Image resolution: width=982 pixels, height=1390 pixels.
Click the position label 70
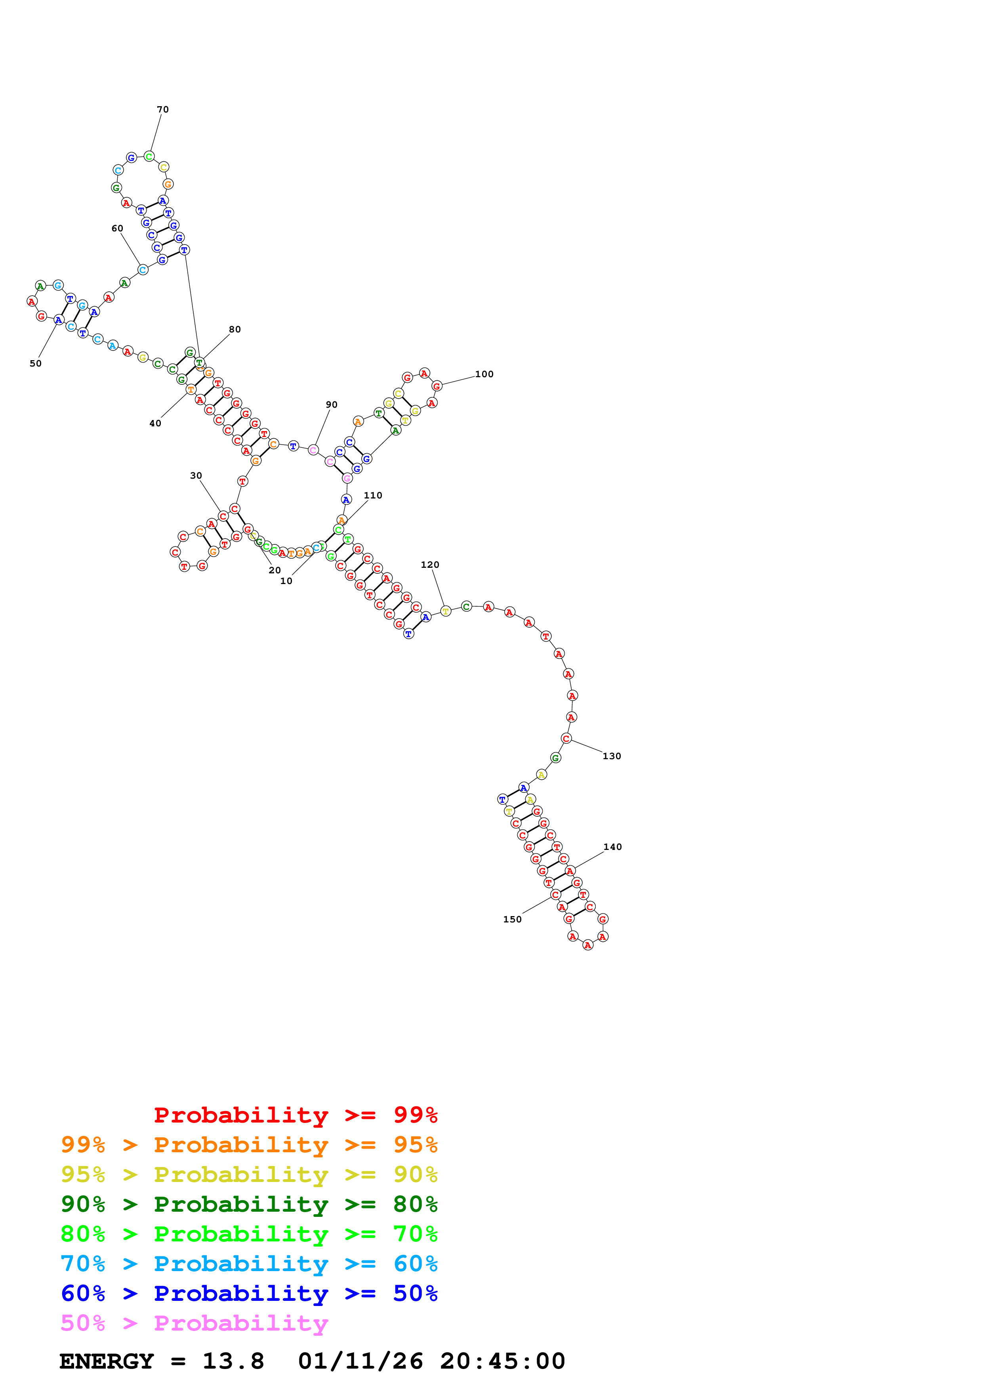(x=163, y=110)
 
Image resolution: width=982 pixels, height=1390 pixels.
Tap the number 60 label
(x=117, y=228)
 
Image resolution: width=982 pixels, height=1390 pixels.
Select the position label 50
(x=36, y=363)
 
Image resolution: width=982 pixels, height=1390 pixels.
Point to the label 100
(x=484, y=374)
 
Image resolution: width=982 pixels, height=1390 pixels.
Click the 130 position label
(x=612, y=756)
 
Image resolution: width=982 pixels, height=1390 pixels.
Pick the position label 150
(x=513, y=919)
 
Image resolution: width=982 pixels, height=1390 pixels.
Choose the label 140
(x=612, y=847)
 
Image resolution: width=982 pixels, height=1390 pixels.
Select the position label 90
(x=332, y=405)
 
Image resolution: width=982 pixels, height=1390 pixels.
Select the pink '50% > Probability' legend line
(x=194, y=1323)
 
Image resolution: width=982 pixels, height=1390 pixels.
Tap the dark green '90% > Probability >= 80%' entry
(x=249, y=1203)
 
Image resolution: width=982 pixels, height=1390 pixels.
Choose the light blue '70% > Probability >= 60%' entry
(x=249, y=1264)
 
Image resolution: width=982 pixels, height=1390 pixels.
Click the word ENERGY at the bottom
(x=107, y=1361)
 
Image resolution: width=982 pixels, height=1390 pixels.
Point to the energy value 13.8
(x=233, y=1361)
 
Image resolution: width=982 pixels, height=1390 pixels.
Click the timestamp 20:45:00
(x=502, y=1361)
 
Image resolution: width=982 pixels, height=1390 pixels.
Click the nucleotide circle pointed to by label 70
(x=149, y=157)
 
